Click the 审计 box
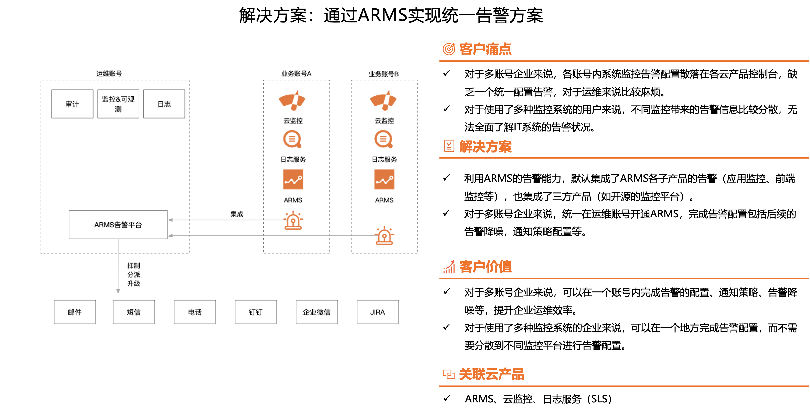72,104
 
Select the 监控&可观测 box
118,104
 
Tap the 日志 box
164,104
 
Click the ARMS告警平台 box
118,225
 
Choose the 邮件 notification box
75,312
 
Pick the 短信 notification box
134,312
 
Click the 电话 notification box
195,312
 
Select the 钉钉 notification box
256,312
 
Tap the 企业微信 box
317,312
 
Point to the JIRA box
378,312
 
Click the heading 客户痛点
486,49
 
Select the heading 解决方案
486,147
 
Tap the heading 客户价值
486,267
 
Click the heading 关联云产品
491,374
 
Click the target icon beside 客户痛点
449,49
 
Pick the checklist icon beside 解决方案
449,146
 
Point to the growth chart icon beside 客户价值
449,267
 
